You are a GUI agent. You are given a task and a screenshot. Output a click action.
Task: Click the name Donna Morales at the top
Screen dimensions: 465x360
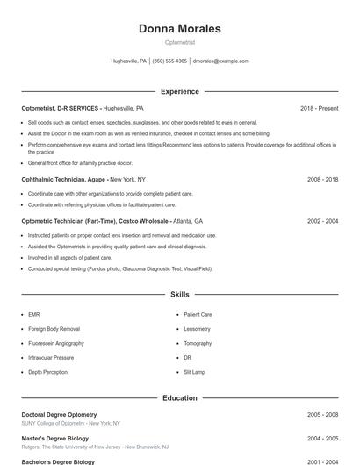point(180,29)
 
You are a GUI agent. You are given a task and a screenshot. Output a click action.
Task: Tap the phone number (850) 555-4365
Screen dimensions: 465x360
point(169,61)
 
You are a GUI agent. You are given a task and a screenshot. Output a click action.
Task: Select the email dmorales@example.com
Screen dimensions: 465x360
point(220,61)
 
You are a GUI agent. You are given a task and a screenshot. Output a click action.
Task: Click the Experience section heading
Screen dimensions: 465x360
point(180,91)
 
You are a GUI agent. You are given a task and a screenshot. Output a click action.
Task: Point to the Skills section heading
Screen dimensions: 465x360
point(180,295)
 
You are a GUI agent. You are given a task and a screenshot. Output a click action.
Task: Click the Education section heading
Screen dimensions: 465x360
point(180,398)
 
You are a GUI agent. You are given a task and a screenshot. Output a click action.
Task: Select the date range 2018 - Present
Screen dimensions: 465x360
point(319,108)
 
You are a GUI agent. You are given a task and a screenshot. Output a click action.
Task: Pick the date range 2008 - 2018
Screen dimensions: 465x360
point(322,179)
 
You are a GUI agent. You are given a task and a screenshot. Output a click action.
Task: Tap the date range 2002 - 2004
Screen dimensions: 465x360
point(322,221)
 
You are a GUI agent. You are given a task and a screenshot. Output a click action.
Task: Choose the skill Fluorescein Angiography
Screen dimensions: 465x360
point(56,343)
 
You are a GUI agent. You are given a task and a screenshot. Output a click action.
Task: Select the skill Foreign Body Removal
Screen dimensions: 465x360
point(54,328)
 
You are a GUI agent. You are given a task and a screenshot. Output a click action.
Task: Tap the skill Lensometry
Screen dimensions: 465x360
point(197,328)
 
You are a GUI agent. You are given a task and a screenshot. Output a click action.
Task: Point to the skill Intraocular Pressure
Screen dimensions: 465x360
point(51,358)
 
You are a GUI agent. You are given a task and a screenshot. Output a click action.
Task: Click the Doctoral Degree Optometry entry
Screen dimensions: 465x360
point(59,414)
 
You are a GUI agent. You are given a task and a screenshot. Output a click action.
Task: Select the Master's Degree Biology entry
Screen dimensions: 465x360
point(54,438)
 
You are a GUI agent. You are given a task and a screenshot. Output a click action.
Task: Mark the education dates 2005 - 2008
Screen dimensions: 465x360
point(322,414)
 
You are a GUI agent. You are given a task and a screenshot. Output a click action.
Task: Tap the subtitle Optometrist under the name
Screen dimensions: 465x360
point(180,42)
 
